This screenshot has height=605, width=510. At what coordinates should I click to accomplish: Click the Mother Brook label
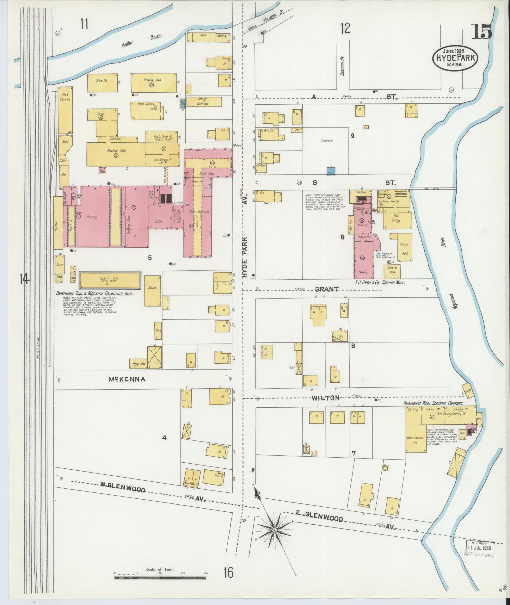coord(142,40)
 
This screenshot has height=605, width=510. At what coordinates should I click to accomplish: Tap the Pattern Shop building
coord(110,280)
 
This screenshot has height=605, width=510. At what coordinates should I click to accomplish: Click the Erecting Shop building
coord(153,83)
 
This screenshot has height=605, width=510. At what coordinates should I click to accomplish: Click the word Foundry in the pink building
coord(90,217)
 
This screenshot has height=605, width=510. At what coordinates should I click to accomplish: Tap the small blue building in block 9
coord(331,171)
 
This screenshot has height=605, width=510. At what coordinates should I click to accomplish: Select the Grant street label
coord(327,289)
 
